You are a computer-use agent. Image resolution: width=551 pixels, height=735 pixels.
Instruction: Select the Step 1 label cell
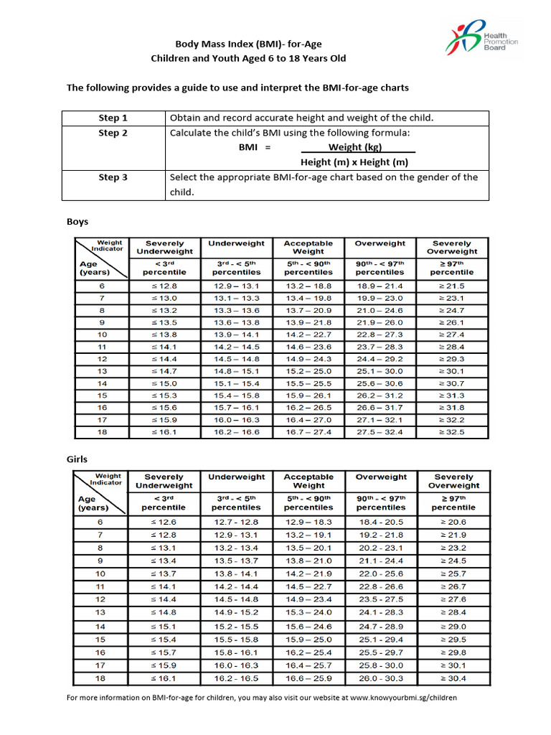113,118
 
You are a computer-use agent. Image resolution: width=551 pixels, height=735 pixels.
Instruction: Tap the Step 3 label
113,177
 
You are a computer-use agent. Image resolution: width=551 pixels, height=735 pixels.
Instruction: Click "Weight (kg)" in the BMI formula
355,147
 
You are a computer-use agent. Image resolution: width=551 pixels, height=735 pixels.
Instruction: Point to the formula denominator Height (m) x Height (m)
354,162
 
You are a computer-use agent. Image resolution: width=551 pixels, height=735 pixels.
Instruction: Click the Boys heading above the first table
77,223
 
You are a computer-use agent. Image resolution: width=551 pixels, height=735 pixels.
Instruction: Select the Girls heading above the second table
77,458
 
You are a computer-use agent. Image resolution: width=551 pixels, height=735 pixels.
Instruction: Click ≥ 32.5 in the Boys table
451,432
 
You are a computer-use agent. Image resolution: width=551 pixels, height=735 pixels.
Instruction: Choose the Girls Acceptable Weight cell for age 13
309,612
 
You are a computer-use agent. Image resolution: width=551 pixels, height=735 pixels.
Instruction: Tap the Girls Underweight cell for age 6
237,522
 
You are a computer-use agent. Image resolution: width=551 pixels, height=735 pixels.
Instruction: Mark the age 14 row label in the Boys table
102,383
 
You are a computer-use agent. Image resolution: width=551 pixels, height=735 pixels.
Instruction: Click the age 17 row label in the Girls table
100,665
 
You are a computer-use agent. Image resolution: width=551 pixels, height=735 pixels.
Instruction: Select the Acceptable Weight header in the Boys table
309,248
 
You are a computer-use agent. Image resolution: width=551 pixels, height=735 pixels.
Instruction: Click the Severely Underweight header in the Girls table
164,481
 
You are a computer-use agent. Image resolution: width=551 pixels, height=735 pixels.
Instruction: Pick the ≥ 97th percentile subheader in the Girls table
453,502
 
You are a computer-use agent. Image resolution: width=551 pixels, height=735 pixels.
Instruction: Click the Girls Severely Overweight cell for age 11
453,586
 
